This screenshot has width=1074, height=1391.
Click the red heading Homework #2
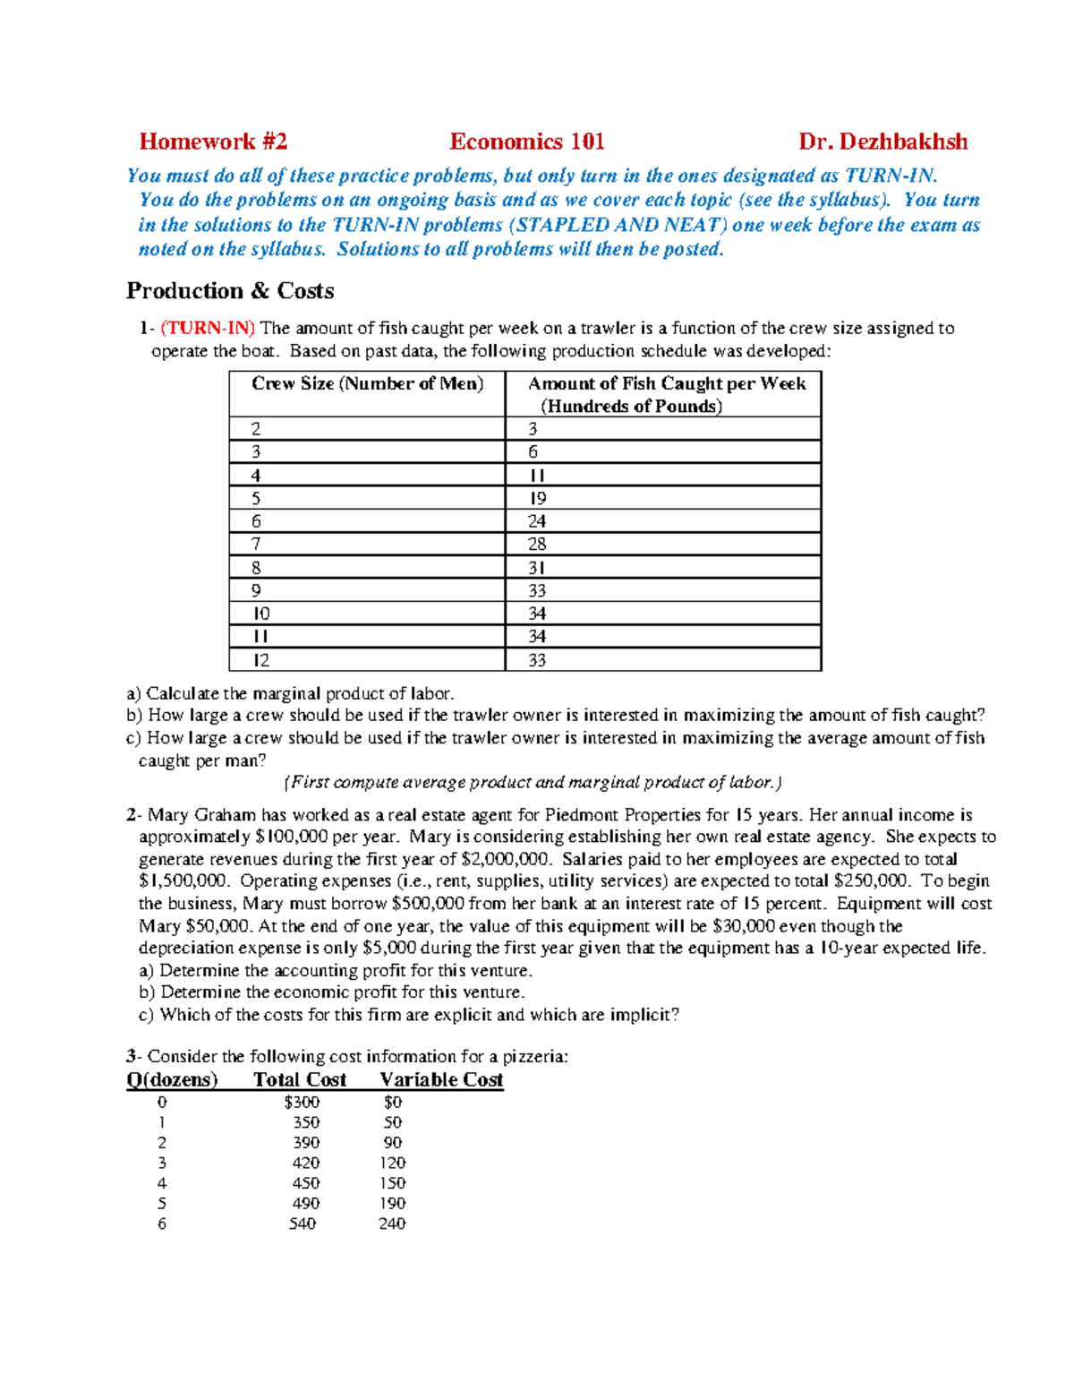(x=213, y=142)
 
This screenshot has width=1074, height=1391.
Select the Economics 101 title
(x=526, y=142)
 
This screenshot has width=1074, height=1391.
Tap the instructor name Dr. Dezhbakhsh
(x=882, y=142)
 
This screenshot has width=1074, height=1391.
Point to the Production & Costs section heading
(x=230, y=291)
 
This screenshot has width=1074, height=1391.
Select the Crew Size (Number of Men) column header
(x=367, y=384)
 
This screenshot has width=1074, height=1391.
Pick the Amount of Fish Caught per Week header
(x=666, y=384)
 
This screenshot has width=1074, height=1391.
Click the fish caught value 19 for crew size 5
(x=537, y=499)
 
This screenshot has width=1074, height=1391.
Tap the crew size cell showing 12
(x=260, y=660)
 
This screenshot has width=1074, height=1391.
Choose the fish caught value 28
(x=537, y=545)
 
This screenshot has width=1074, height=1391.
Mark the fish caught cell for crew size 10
(x=537, y=614)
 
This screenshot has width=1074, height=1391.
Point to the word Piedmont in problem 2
(x=581, y=815)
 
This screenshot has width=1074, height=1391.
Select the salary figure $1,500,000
(x=183, y=881)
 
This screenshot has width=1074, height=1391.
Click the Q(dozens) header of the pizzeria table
(x=172, y=1080)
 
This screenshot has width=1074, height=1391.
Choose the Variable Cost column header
(x=441, y=1080)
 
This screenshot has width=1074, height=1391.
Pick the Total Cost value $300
(x=302, y=1103)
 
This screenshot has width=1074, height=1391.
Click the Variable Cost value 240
(x=392, y=1224)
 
